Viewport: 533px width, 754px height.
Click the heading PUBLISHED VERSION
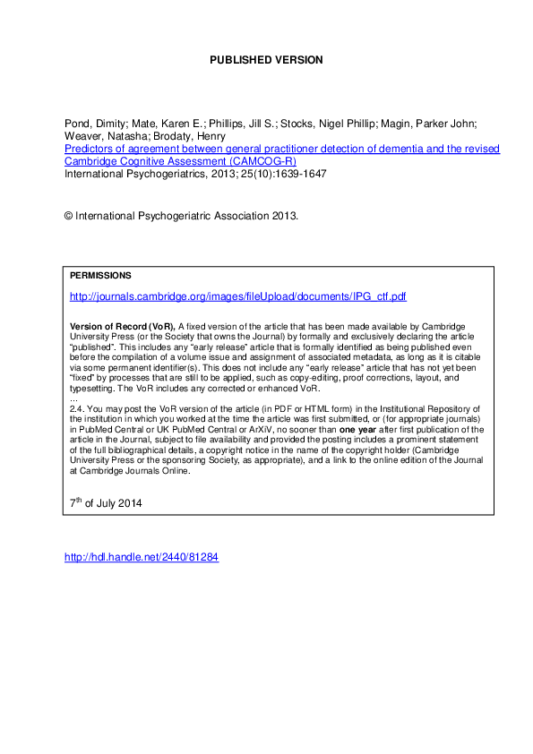click(x=266, y=60)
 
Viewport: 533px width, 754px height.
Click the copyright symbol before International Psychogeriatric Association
click(x=69, y=217)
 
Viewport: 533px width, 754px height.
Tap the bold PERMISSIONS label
click(x=100, y=276)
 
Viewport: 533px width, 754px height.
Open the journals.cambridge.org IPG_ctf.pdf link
click(x=238, y=295)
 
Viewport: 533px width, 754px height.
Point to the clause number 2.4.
click(x=77, y=407)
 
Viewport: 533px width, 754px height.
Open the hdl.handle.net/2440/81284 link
click(x=142, y=557)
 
